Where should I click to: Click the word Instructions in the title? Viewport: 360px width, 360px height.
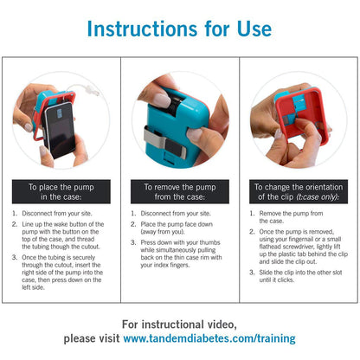tap(142, 29)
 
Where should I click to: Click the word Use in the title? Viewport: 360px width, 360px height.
tap(254, 29)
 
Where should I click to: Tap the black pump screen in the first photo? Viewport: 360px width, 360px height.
tap(60, 131)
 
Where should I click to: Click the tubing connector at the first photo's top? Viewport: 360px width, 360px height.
tap(93, 90)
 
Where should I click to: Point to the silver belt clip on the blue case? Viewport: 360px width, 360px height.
tap(165, 142)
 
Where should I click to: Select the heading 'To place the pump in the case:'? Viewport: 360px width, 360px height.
tap(61, 192)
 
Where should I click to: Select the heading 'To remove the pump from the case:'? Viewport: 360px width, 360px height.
tap(180, 192)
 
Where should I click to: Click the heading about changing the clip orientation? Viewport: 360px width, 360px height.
tap(299, 192)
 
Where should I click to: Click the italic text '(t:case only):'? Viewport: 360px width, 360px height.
tap(318, 197)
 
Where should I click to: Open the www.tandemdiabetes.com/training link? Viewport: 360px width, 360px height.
tap(209, 338)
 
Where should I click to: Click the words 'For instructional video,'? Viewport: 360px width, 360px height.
tap(179, 325)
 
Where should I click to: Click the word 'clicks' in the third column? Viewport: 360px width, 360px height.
tap(286, 280)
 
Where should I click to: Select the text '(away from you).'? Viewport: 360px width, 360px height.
tap(163, 232)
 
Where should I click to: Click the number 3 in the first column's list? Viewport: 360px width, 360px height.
tap(15, 257)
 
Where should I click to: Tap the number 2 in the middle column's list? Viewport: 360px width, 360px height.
tap(133, 224)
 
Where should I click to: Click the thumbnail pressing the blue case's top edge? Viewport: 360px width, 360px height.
tap(162, 99)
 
